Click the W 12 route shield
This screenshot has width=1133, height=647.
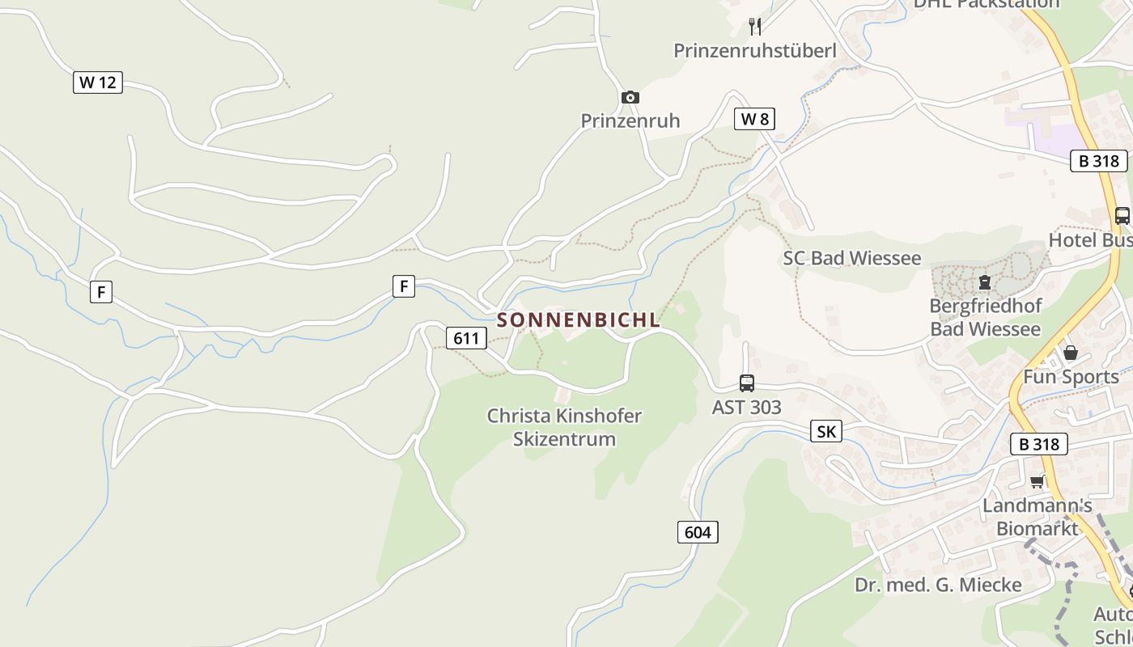coord(98,82)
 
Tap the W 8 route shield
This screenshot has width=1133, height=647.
coord(754,119)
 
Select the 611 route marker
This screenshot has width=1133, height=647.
coord(466,337)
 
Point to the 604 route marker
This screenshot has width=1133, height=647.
coord(697,531)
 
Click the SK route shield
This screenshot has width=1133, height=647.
coord(825,431)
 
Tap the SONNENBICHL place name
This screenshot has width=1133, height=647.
coord(579,319)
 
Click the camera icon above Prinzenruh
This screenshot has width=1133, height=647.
coord(630,98)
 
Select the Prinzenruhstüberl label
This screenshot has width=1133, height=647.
coord(754,50)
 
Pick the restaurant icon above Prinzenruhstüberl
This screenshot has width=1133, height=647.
coord(755,27)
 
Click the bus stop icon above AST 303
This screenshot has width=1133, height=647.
coord(746,383)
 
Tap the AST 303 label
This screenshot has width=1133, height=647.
coord(746,407)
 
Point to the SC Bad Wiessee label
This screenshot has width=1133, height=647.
coord(851,258)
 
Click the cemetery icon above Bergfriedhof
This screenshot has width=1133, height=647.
coord(985,282)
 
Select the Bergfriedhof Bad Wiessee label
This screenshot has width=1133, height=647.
coord(985,317)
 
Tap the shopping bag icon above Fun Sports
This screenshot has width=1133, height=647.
coord(1070,353)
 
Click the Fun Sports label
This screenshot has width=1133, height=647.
coord(1070,376)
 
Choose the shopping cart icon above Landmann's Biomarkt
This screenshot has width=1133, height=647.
coord(1037,482)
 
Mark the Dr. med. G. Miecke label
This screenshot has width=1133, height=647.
coord(938,584)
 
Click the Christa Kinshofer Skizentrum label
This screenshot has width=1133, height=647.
coord(563,427)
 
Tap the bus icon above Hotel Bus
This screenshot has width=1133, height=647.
coord(1122,216)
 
